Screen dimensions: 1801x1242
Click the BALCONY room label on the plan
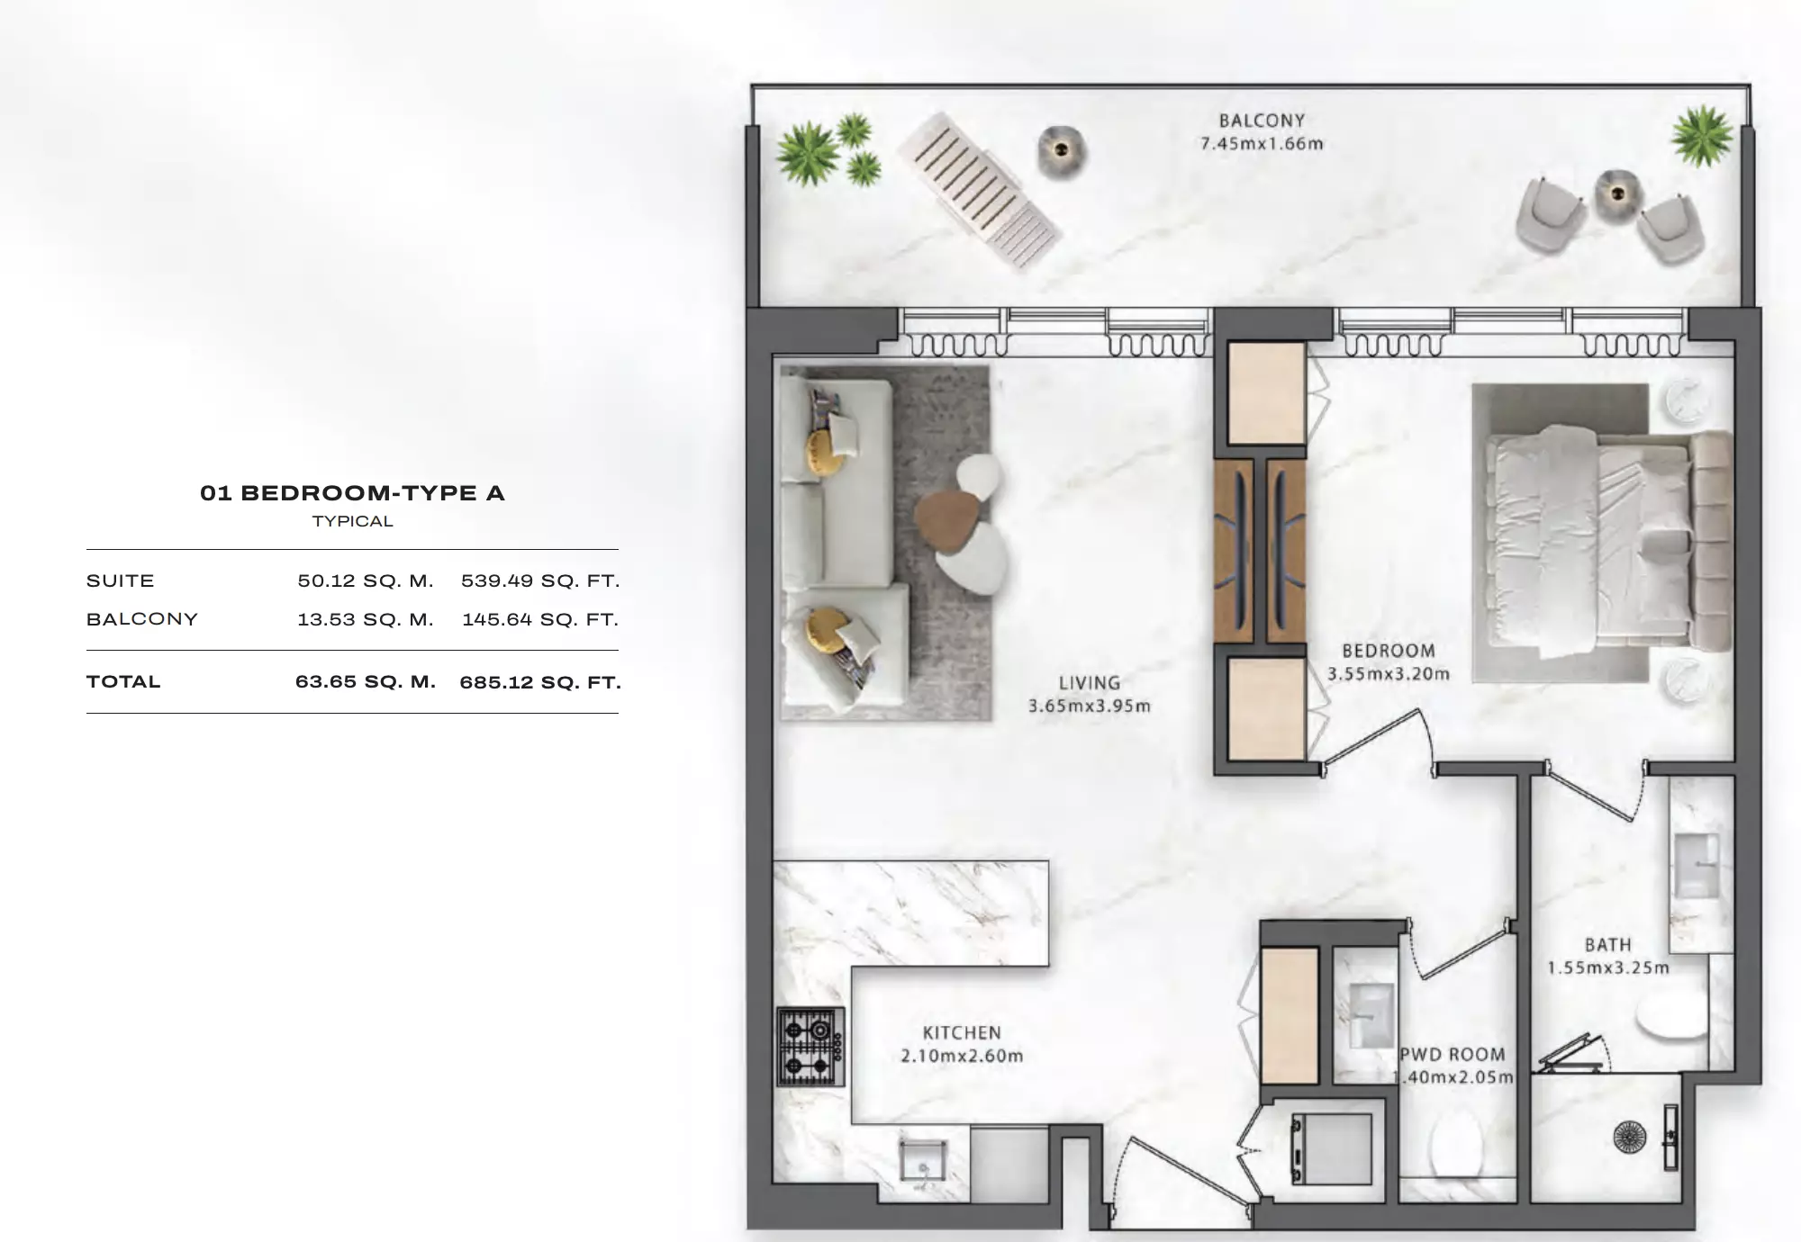pyautogui.click(x=1262, y=121)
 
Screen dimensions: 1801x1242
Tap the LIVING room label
pyautogui.click(x=1090, y=683)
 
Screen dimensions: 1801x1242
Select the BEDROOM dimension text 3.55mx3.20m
pyautogui.click(x=1389, y=674)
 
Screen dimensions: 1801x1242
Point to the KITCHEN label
pyautogui.click(x=962, y=1033)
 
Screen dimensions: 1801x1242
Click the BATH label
pyautogui.click(x=1608, y=945)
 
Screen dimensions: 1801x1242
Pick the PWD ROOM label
pyautogui.click(x=1453, y=1055)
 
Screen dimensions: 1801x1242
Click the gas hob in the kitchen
pyautogui.click(x=810, y=1047)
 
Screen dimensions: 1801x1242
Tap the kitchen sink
pyautogui.click(x=923, y=1164)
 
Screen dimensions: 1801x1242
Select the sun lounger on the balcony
pyautogui.click(x=981, y=191)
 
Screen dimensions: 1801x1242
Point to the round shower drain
pyautogui.click(x=1630, y=1138)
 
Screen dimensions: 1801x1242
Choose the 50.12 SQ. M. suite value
pyautogui.click(x=366, y=581)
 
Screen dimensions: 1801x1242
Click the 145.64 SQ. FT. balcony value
pyautogui.click(x=540, y=619)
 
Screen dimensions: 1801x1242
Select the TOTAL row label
pyautogui.click(x=123, y=681)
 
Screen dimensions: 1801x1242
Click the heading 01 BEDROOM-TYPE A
pyautogui.click(x=352, y=493)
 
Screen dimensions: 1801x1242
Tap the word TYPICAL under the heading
pyautogui.click(x=352, y=522)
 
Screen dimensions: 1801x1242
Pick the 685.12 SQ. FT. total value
pyautogui.click(x=540, y=682)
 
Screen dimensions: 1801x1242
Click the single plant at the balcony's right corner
pyautogui.click(x=1702, y=136)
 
